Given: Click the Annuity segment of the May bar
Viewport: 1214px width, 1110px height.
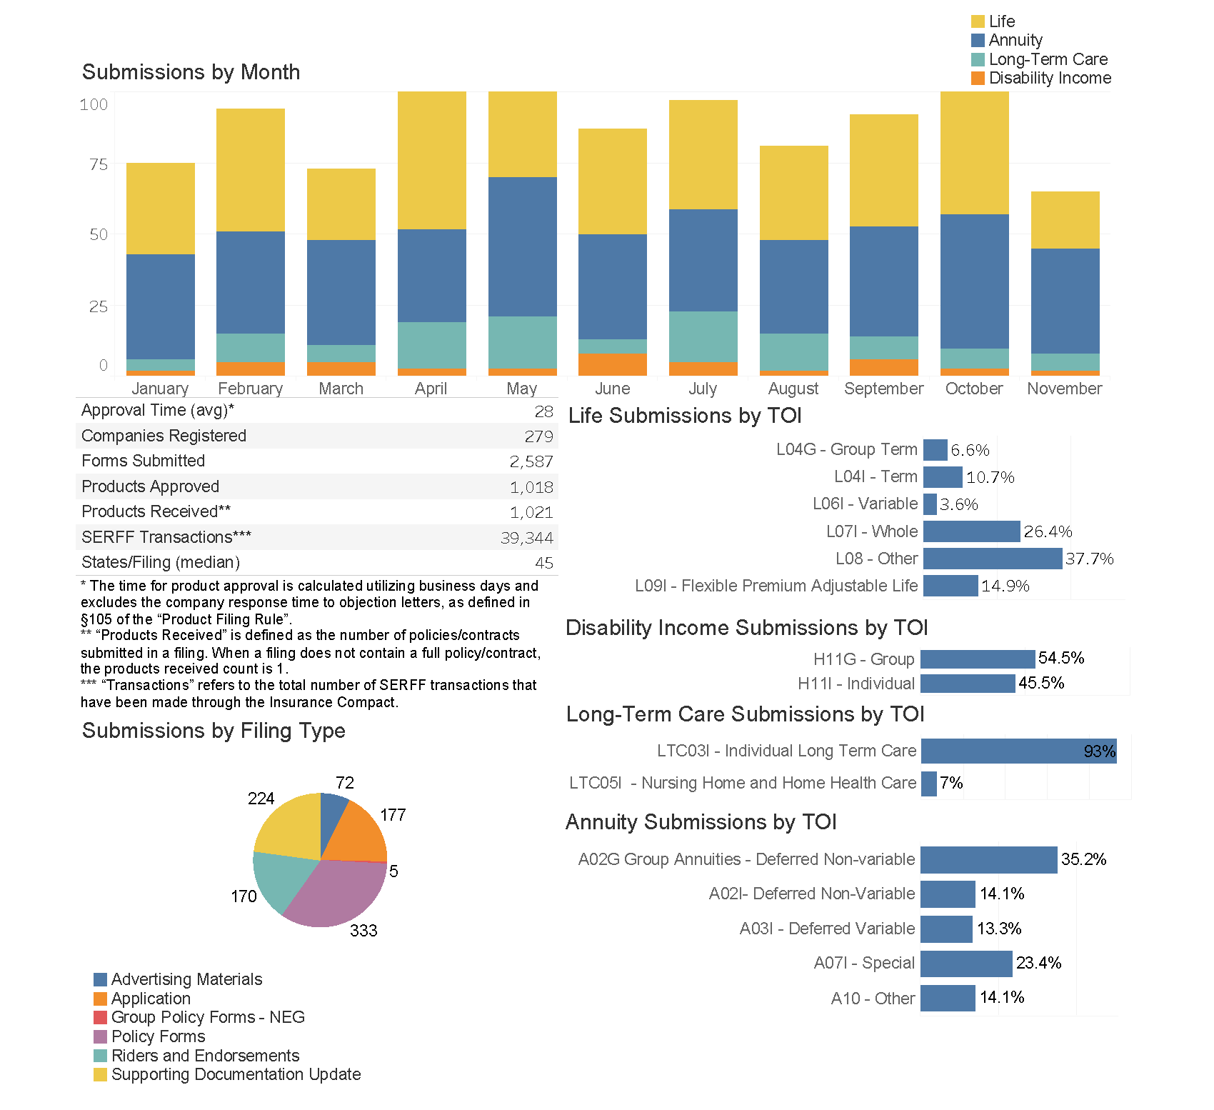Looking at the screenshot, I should pyautogui.click(x=522, y=246).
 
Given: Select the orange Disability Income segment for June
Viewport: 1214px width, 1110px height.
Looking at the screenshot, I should pyautogui.click(x=612, y=364).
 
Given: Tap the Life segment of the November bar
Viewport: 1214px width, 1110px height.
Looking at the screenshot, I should pyautogui.click(x=1065, y=220).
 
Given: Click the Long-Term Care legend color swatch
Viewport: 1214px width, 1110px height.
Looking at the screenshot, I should pyautogui.click(x=978, y=59).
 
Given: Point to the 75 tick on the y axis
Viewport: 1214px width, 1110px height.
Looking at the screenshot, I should pyautogui.click(x=99, y=165).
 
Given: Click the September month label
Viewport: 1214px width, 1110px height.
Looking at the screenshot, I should pyautogui.click(x=883, y=389).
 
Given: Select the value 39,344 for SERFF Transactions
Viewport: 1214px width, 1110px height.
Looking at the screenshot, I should pyautogui.click(x=527, y=538).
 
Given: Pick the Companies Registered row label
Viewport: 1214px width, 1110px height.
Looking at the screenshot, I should pyautogui.click(x=164, y=436).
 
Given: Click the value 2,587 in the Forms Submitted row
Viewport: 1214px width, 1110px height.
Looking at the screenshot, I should pyautogui.click(x=531, y=461).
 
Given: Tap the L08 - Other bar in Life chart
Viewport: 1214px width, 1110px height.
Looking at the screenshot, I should pyautogui.click(x=992, y=559).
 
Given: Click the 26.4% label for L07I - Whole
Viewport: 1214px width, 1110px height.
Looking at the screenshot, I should pyautogui.click(x=1048, y=531).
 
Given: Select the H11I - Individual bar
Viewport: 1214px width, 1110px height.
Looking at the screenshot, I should pyautogui.click(x=968, y=684).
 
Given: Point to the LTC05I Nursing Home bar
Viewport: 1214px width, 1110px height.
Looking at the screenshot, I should pyautogui.click(x=928, y=784).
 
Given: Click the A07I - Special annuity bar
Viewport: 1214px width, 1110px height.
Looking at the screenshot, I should pyautogui.click(x=966, y=964).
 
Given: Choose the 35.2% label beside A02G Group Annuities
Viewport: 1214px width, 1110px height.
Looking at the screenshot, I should pyautogui.click(x=1083, y=859).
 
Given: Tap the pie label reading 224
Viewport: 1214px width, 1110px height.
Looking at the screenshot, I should pyautogui.click(x=261, y=799).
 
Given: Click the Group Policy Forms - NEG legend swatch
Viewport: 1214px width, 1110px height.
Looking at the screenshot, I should pyautogui.click(x=100, y=1017).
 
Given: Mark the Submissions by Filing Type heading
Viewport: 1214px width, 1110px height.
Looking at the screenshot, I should pyautogui.click(x=214, y=731).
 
